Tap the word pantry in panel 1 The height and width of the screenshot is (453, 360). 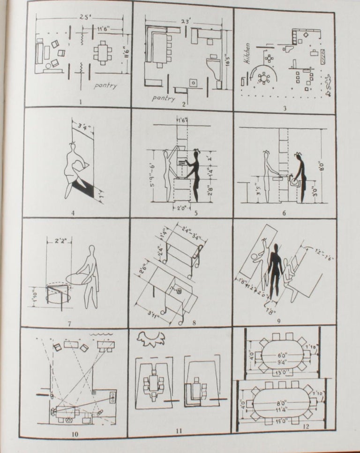(x=105, y=86)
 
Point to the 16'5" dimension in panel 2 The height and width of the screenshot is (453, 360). (x=228, y=59)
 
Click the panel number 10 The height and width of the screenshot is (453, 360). (x=75, y=434)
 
